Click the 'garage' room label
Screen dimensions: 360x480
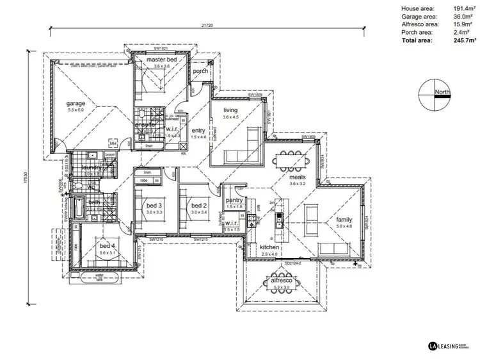(76, 103)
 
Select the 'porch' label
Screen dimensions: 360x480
(200, 70)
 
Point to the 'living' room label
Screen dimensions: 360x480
(230, 110)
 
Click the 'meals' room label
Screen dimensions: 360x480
(296, 177)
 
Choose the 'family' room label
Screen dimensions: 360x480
(344, 220)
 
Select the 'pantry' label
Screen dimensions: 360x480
(234, 200)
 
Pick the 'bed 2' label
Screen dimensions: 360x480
(198, 204)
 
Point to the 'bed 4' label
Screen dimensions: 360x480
(106, 245)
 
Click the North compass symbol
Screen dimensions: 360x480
(433, 94)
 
